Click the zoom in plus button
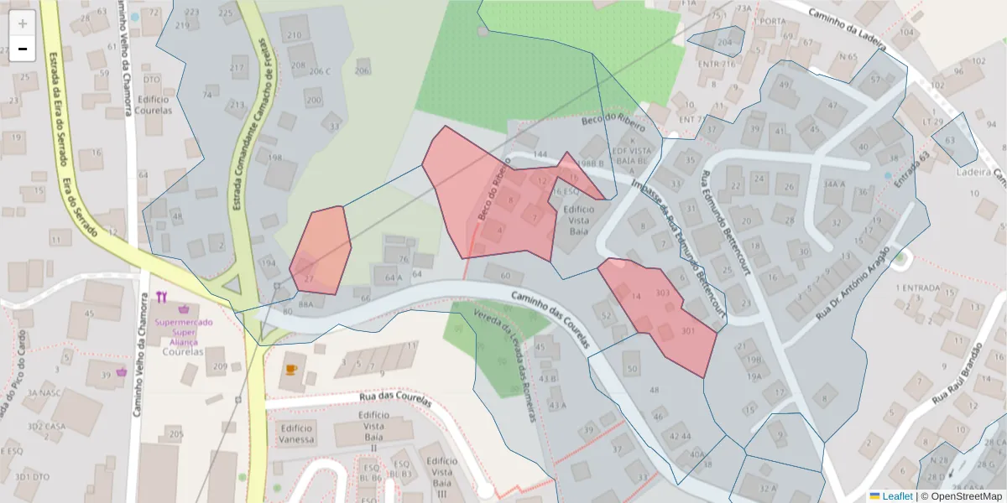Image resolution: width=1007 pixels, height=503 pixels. point(23,23)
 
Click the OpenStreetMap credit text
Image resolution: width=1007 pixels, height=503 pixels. point(961,495)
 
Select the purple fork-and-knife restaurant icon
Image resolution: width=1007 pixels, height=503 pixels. point(162,297)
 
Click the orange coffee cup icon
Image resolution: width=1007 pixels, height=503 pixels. point(291,369)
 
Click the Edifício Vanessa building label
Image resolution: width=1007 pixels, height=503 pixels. point(295,433)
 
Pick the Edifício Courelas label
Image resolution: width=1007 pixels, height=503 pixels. point(152,105)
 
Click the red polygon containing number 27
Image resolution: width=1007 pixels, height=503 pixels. point(322,247)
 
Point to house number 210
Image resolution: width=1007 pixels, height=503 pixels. point(294,35)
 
